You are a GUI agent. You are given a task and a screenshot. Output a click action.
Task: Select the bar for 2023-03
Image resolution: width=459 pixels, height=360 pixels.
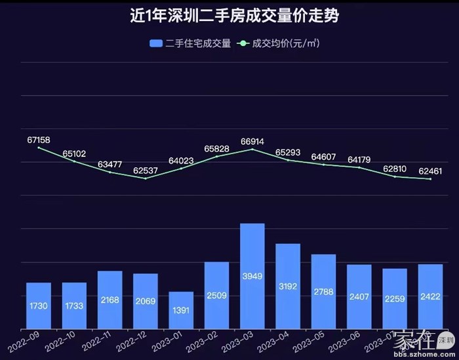252,275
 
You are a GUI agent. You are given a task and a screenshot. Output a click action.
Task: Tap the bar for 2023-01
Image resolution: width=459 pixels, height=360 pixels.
181,310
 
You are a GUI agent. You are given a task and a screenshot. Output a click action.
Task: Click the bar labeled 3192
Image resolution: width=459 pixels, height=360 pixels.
288,285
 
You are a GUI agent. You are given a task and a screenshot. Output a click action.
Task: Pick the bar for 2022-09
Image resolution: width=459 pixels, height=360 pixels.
39,305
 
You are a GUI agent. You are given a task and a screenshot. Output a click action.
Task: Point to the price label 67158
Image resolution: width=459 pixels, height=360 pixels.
39,140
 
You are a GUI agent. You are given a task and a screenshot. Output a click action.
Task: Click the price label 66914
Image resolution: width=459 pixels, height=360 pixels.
252,141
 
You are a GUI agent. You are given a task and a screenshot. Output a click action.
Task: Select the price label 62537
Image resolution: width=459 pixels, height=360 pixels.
146,170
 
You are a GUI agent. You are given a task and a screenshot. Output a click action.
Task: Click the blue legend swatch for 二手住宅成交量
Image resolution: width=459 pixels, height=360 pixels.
156,43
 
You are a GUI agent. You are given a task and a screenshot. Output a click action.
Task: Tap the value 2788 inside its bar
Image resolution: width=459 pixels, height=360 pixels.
323,305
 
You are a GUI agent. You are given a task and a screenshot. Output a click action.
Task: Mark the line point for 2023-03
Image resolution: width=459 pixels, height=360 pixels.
252,150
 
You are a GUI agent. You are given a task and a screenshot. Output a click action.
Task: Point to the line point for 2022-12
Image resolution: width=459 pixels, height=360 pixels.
146,178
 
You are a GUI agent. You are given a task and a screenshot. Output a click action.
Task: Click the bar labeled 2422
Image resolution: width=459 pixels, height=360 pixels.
430,296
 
